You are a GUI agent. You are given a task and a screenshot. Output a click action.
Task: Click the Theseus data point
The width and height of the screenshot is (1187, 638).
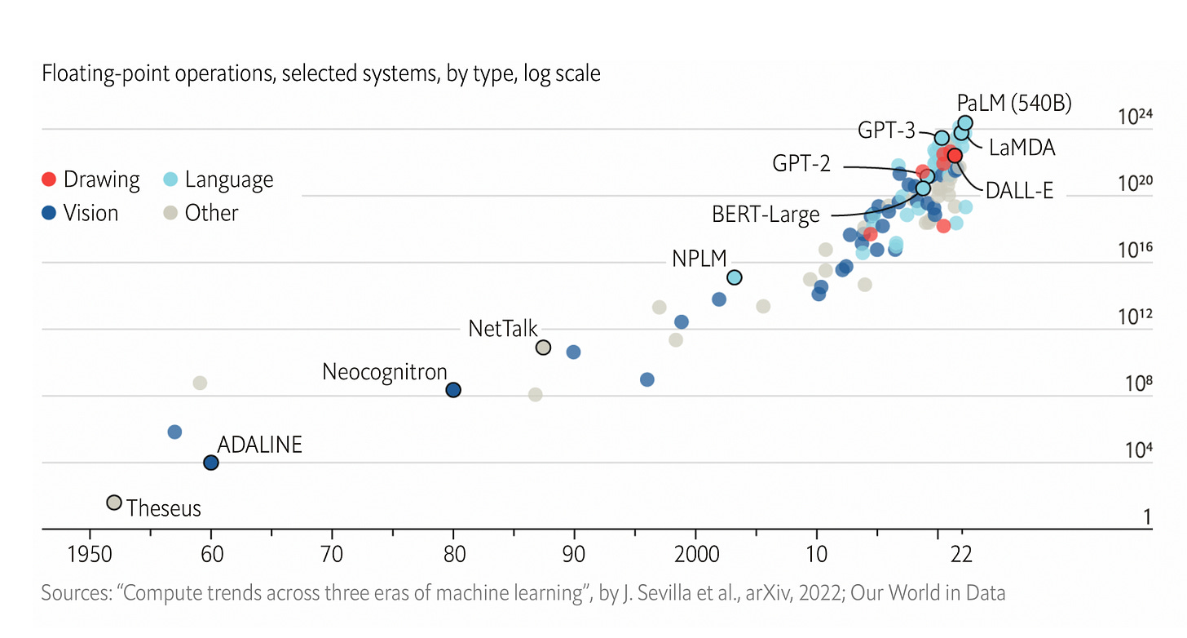pos(114,503)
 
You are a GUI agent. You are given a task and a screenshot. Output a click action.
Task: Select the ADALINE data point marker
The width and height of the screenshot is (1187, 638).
pos(211,463)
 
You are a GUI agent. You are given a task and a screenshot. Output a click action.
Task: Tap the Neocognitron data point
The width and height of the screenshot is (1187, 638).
pos(453,390)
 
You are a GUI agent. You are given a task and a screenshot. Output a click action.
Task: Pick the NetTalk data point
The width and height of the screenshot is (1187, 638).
pos(543,348)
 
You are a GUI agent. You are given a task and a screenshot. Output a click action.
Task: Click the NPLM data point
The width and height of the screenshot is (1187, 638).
pos(734,277)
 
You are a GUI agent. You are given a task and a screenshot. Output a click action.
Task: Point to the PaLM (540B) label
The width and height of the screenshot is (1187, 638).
pos(1014,104)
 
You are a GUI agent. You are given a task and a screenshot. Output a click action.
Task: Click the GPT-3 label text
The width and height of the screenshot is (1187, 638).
pos(886,131)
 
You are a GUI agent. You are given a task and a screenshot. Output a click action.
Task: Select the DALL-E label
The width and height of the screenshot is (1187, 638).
pos(1019,192)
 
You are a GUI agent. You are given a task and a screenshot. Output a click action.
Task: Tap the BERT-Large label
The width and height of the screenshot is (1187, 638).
pos(766,215)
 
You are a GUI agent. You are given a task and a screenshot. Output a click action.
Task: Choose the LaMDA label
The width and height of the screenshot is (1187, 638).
pos(1022,148)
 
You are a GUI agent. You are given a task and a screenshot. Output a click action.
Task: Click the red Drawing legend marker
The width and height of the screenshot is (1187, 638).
pos(49,179)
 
